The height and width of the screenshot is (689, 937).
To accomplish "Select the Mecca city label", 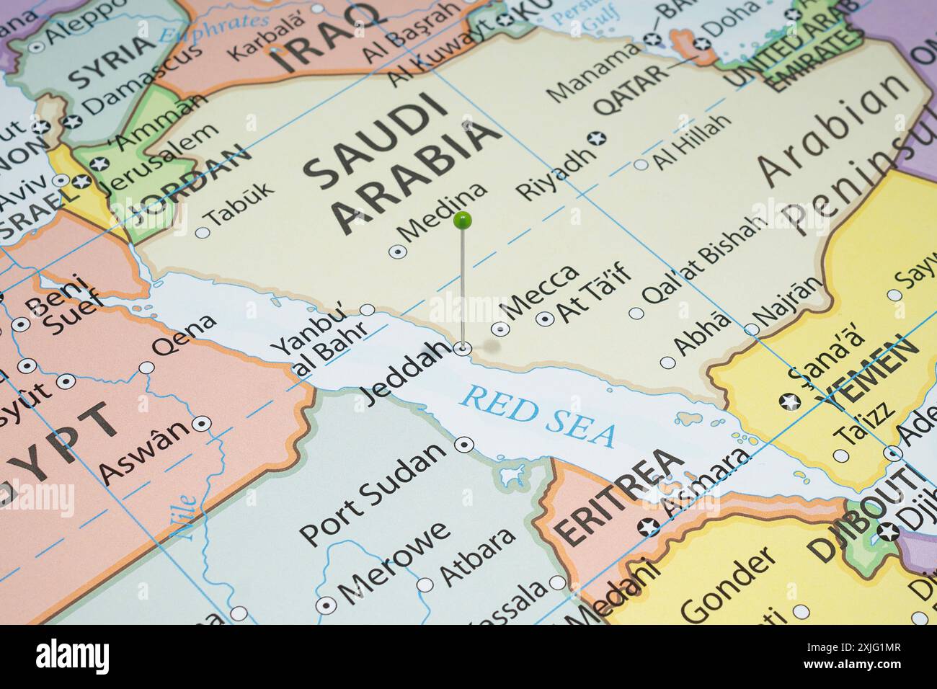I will (x=541, y=292).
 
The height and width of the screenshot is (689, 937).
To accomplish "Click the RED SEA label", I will (x=538, y=416).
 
